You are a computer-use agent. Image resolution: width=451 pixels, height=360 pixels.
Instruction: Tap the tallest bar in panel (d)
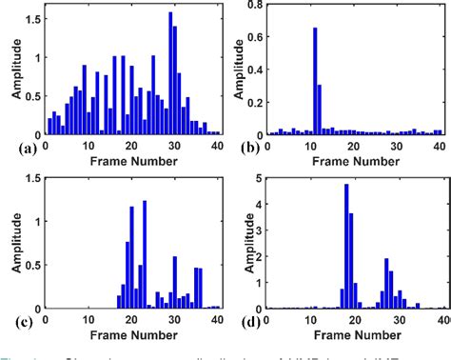346,246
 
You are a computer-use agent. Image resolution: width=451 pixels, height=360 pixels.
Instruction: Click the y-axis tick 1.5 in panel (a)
29,19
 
